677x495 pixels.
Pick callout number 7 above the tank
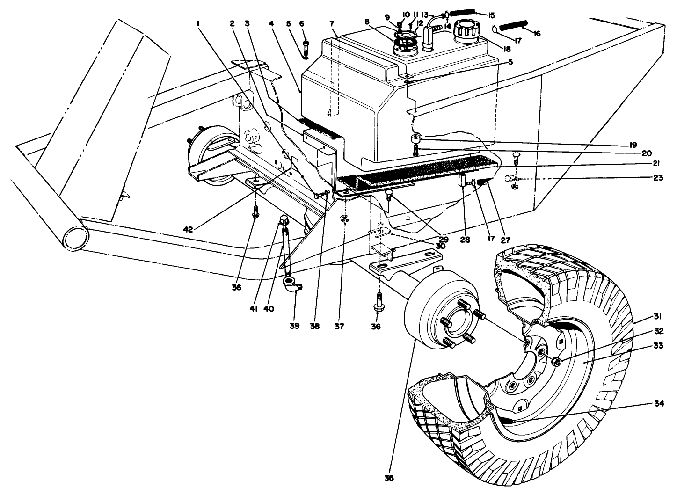(332, 23)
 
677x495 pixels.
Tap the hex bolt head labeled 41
(284, 220)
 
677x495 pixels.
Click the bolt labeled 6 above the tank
(305, 46)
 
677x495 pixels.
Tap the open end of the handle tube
(75, 240)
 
